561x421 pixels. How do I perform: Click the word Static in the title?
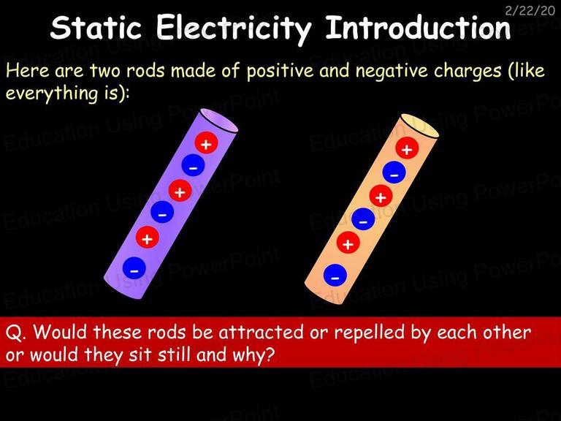[x=96, y=28]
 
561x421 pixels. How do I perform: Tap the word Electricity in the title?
[x=234, y=29]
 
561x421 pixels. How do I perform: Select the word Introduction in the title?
[x=418, y=27]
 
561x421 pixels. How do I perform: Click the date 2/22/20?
[x=530, y=11]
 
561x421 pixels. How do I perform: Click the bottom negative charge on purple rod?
[x=134, y=268]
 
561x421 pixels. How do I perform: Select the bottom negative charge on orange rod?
[x=335, y=276]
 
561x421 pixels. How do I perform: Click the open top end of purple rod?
[x=218, y=121]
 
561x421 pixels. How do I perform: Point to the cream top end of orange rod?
[x=420, y=126]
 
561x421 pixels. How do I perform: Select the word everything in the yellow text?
[x=52, y=94]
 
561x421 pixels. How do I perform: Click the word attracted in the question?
[x=262, y=333]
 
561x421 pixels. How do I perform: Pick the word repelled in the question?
[x=370, y=333]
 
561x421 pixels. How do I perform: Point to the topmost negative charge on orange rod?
[x=394, y=172]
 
